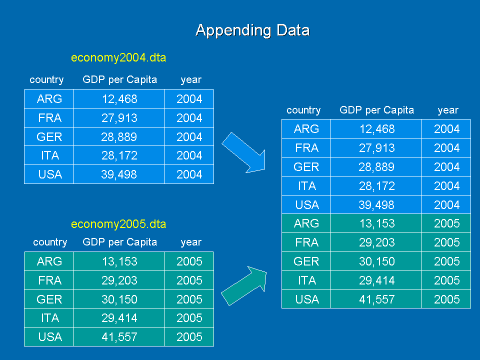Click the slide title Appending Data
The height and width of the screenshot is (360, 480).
click(252, 30)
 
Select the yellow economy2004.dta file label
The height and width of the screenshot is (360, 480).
click(118, 58)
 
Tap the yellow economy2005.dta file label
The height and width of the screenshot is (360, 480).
click(118, 224)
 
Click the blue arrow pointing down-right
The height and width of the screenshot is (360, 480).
click(243, 152)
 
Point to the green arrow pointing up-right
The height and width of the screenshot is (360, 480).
click(244, 285)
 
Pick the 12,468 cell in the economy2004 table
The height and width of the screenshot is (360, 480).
click(119, 99)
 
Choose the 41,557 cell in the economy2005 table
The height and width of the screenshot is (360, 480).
click(119, 337)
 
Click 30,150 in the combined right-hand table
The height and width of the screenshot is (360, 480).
click(376, 261)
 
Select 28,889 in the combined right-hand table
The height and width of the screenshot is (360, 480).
click(376, 167)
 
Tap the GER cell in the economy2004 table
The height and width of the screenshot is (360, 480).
click(49, 137)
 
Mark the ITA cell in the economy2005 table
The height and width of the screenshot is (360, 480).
click(49, 318)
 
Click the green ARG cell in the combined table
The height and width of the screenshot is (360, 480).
click(306, 223)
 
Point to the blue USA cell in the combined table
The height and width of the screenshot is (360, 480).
click(306, 205)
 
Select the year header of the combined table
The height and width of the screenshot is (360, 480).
click(447, 110)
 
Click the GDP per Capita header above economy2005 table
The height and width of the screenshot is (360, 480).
click(119, 242)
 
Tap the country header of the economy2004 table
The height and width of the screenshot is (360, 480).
click(46, 80)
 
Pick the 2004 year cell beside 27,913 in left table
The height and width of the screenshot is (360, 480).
click(189, 118)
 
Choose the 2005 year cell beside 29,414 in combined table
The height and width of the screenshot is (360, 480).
click(446, 280)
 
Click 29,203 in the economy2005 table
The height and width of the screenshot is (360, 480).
click(119, 280)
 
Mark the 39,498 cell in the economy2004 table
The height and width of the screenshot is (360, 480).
click(119, 174)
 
